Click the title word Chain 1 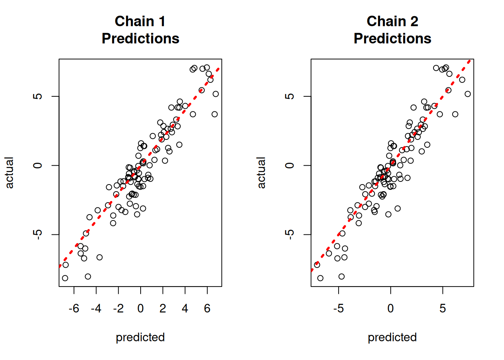140,21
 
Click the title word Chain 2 392,21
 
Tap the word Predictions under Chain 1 140,39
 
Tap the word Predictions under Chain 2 392,39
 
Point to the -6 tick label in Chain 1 74,308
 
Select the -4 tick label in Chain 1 96,308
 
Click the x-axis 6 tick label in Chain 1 207,308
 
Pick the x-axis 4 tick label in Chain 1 185,308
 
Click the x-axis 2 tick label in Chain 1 163,308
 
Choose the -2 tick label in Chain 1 118,308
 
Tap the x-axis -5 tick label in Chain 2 338,308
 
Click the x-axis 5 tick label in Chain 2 442,308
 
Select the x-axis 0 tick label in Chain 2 390,308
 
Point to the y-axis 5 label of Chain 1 37,96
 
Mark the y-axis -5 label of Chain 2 289,234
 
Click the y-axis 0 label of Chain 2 289,165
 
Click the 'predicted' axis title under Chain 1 140,337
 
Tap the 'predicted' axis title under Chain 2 392,337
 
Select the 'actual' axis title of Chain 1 9,172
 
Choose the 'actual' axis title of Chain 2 261,172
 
